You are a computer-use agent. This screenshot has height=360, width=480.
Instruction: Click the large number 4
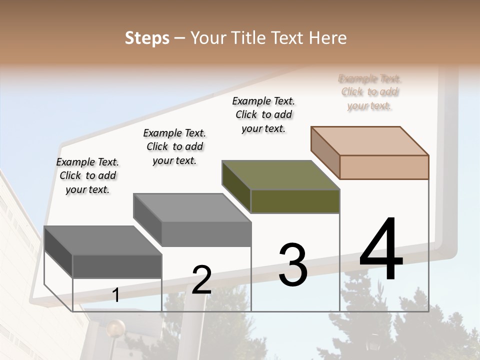pos(381,249)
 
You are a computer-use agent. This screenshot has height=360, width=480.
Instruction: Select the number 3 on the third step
pos(293,265)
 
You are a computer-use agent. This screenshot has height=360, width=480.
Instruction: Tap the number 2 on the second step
pos(201,280)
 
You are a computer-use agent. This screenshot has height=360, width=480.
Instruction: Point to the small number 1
pos(115,295)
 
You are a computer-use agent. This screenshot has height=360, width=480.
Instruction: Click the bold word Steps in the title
pos(147,38)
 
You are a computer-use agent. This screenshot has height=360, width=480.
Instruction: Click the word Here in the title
pos(328,38)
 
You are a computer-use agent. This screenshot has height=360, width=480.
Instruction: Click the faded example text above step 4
pos(370,92)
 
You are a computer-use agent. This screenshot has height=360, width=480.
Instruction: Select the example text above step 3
pos(264,114)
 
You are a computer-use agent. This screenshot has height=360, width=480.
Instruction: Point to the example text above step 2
pos(174,146)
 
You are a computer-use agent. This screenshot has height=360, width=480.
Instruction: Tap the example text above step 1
pos(87,175)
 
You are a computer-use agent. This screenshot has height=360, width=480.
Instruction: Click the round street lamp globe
pos(115,329)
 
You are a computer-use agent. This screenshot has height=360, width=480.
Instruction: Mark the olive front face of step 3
pos(295,201)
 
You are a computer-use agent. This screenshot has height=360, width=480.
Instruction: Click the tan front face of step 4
pos(384,167)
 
